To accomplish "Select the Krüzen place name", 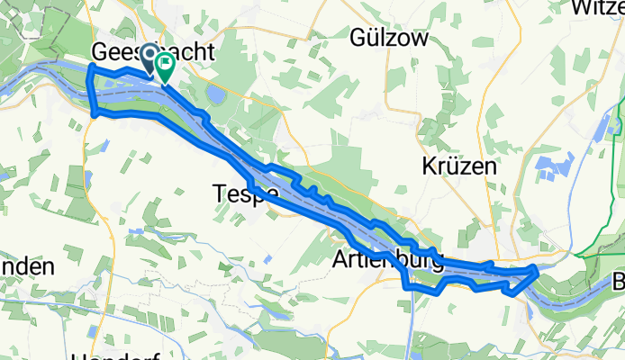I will click(459, 166).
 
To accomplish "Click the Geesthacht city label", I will click(153, 53).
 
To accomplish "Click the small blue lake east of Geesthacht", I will click(215, 95).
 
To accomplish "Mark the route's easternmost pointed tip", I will click(538, 267).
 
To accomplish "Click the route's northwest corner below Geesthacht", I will click(89, 68).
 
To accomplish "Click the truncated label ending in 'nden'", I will click(27, 266).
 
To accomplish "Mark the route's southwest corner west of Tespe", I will click(95, 112).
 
